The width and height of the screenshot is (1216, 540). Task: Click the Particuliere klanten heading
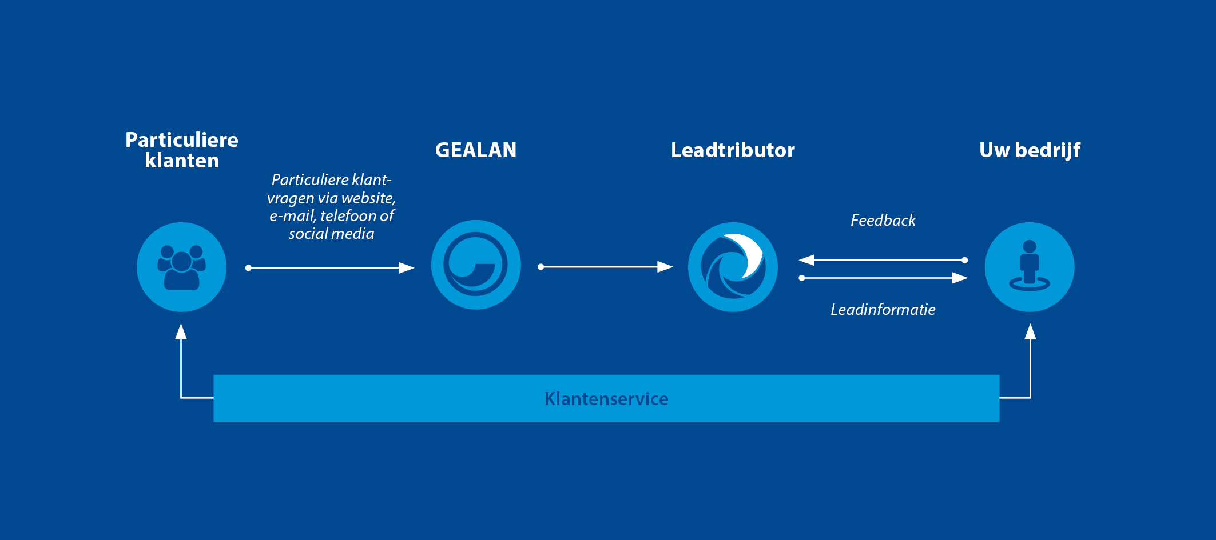tap(182, 150)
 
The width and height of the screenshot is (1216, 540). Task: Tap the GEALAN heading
tap(476, 150)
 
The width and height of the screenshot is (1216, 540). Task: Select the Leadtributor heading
tap(733, 150)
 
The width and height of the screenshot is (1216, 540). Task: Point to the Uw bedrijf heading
tap(1030, 150)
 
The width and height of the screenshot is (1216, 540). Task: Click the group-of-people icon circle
tap(182, 267)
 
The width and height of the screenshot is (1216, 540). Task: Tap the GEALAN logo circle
tap(476, 265)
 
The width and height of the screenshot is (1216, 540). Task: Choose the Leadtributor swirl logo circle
tap(733, 267)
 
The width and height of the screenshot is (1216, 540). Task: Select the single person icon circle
tap(1030, 267)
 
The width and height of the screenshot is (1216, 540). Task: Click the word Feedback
tap(883, 220)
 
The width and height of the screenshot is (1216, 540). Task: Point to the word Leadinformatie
tap(883, 309)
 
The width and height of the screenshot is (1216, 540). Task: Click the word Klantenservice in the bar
tap(606, 398)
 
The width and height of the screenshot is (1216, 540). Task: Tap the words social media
tap(331, 233)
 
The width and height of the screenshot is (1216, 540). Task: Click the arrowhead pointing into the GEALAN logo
tap(407, 267)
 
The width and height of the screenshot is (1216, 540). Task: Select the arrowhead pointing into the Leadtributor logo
tap(665, 267)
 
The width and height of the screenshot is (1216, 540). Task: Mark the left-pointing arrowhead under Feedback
tap(806, 260)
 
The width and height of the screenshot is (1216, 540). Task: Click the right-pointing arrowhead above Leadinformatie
tap(960, 278)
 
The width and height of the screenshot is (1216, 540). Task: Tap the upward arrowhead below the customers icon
tap(181, 331)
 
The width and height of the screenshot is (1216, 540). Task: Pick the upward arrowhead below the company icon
tap(1030, 331)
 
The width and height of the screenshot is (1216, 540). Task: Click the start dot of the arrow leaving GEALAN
tap(541, 267)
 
